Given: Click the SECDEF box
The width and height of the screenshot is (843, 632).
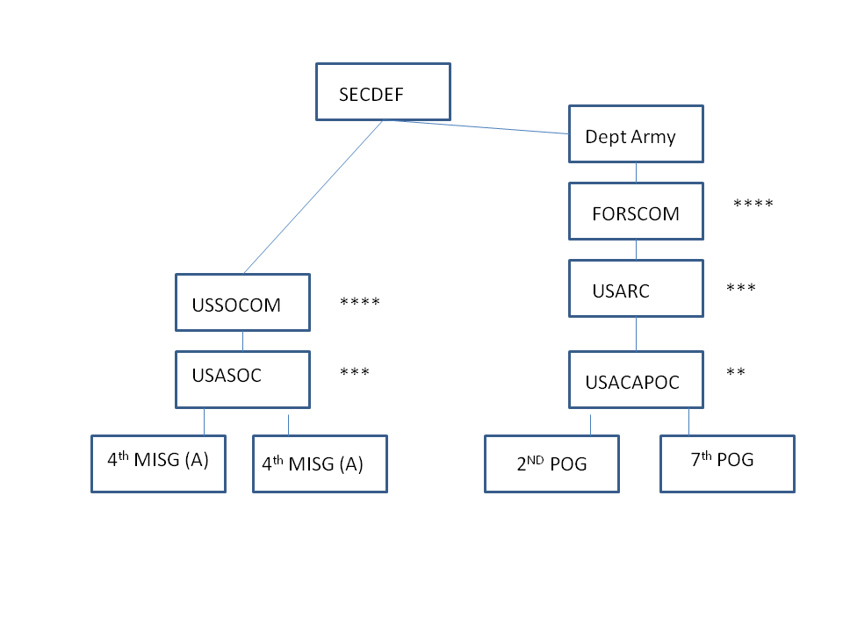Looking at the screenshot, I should (383, 91).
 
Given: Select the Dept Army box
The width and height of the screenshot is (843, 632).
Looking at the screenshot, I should (636, 134).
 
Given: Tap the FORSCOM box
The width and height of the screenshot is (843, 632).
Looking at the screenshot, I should (636, 212).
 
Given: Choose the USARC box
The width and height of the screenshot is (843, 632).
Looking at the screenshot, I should (636, 288).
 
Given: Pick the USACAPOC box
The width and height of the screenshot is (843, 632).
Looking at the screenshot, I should (636, 379).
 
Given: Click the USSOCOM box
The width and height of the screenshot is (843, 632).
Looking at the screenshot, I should (242, 303).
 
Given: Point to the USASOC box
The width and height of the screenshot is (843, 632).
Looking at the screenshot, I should (242, 379).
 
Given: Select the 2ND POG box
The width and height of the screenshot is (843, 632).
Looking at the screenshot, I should (551, 463).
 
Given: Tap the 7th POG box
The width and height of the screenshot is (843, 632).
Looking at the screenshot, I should (727, 463).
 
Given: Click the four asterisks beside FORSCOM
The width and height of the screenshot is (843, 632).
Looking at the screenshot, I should (753, 205).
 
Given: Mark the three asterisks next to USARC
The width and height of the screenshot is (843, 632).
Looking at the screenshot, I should (741, 289).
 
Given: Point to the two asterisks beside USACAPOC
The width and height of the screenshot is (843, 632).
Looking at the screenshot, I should (736, 372).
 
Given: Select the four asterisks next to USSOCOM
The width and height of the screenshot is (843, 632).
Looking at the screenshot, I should (360, 303).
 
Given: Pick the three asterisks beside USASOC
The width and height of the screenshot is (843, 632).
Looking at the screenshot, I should (355, 372).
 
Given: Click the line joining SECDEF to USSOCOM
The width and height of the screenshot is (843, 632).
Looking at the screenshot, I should (313, 197).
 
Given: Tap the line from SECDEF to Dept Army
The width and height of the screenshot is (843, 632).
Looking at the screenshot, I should (479, 127).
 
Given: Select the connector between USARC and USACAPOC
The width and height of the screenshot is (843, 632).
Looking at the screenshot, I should (636, 334).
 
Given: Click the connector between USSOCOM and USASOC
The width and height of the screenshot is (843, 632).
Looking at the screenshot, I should (242, 341).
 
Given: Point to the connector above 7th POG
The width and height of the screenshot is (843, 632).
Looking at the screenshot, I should (688, 421).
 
